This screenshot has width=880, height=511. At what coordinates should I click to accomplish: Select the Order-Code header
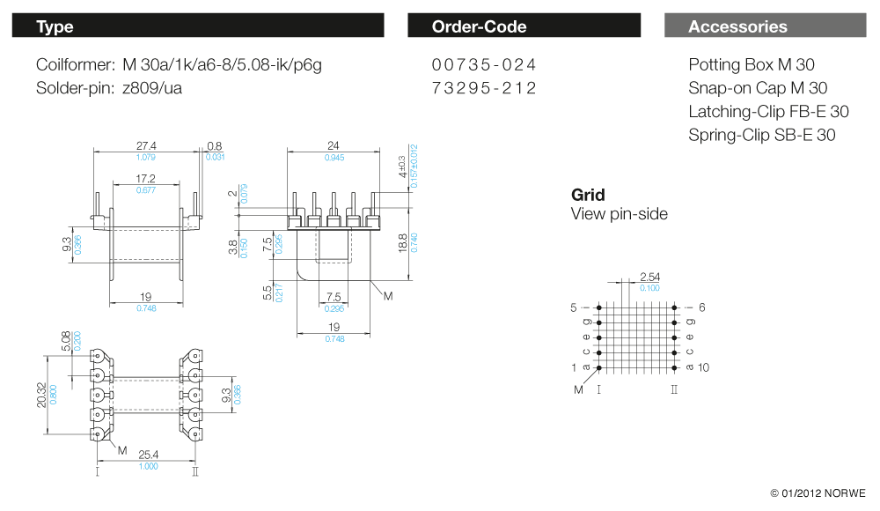(x=524, y=26)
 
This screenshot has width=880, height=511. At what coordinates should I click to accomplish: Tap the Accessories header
(x=765, y=26)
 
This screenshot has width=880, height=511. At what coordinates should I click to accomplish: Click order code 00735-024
(x=484, y=65)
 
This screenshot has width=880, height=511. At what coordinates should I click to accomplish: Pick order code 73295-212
(x=484, y=88)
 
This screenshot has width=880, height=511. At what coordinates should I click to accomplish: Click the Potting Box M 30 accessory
(x=752, y=65)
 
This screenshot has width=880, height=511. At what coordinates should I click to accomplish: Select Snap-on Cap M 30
(x=758, y=88)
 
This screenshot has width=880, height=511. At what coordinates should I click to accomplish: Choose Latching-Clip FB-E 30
(x=768, y=112)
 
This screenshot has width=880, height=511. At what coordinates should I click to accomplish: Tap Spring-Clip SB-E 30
(x=762, y=135)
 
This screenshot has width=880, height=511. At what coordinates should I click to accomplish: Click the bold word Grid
(x=588, y=195)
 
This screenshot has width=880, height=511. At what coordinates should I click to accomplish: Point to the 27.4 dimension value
(x=146, y=145)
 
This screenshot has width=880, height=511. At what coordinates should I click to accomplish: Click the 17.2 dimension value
(x=146, y=179)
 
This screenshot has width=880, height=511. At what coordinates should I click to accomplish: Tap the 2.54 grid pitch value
(x=650, y=278)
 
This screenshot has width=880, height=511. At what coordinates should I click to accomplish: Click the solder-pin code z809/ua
(x=153, y=88)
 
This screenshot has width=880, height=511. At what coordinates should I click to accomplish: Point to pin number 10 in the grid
(x=703, y=367)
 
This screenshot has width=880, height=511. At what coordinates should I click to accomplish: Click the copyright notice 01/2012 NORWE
(x=818, y=492)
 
